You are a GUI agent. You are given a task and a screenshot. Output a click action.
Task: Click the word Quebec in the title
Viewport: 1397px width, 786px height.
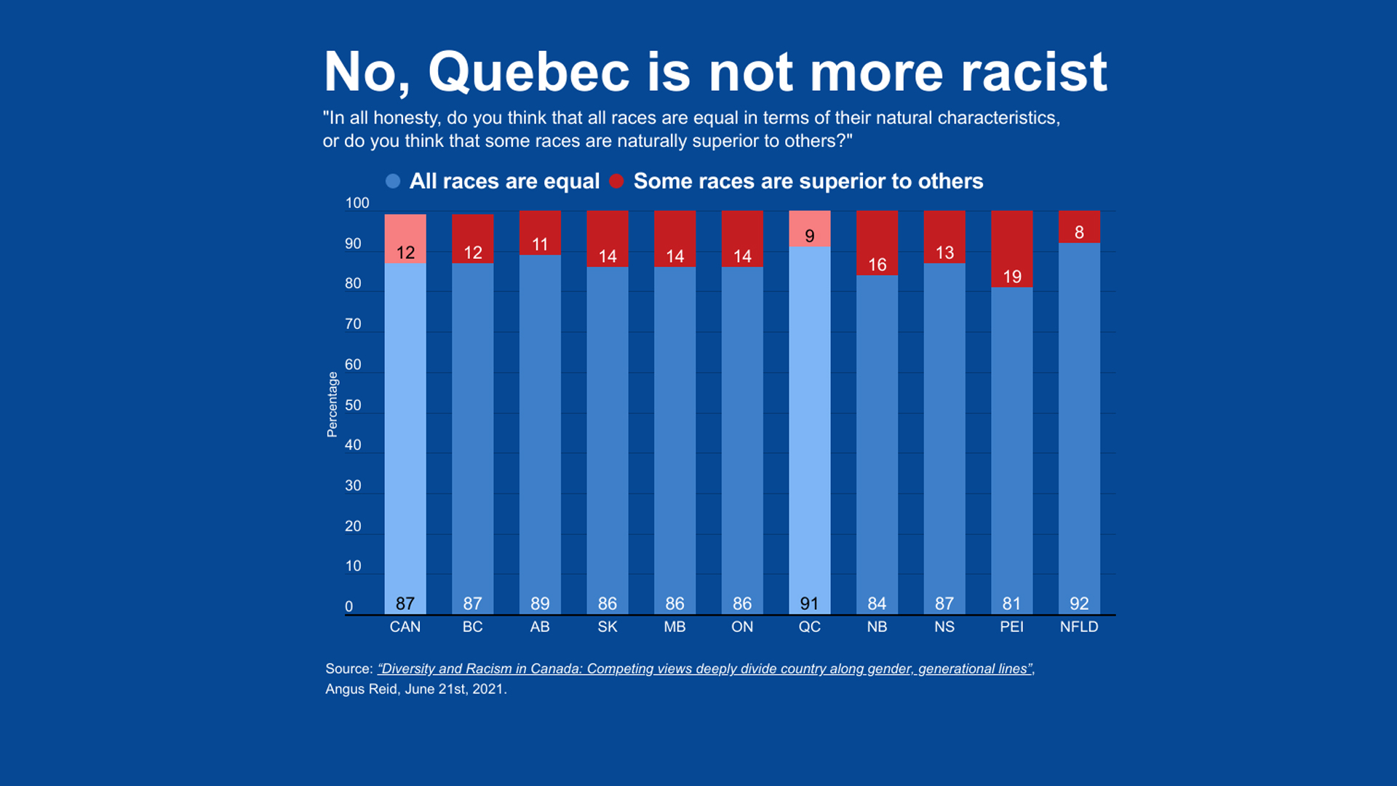[x=529, y=72]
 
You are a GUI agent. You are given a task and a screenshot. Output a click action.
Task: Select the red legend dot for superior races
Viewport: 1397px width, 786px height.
[x=616, y=181]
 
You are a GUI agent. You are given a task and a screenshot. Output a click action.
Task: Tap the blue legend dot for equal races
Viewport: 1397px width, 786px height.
[x=393, y=181]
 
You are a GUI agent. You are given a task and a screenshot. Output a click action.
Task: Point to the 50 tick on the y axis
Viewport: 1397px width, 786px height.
[x=353, y=405]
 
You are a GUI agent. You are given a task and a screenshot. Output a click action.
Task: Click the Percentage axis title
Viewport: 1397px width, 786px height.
[x=333, y=405]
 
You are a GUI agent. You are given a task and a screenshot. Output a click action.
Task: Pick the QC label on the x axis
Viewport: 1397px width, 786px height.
[x=809, y=627]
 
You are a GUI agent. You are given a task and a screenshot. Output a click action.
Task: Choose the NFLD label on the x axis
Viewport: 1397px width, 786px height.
[x=1079, y=627]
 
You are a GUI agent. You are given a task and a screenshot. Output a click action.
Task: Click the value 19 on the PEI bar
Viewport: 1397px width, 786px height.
[x=1012, y=277]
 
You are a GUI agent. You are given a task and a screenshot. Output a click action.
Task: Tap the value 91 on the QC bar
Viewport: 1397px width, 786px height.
[x=809, y=603]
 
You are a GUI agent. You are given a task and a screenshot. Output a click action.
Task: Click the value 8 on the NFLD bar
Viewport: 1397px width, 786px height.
[x=1079, y=232]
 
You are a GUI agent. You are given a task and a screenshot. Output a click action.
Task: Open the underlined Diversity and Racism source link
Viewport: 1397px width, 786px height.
[x=704, y=669]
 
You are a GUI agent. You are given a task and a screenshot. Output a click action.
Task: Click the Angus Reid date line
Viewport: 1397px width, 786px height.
[x=416, y=689]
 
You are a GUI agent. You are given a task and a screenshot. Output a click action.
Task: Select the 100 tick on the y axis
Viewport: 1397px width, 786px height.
[x=357, y=203]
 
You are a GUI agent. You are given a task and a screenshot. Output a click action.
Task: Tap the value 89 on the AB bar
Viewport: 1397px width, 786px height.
[x=540, y=603]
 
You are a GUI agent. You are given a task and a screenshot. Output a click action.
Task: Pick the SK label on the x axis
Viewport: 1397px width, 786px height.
[x=608, y=627]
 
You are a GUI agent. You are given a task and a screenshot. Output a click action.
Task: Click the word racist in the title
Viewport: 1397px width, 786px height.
[x=1033, y=72]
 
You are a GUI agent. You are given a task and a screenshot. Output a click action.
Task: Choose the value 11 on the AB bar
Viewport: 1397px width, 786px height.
[x=540, y=245]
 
